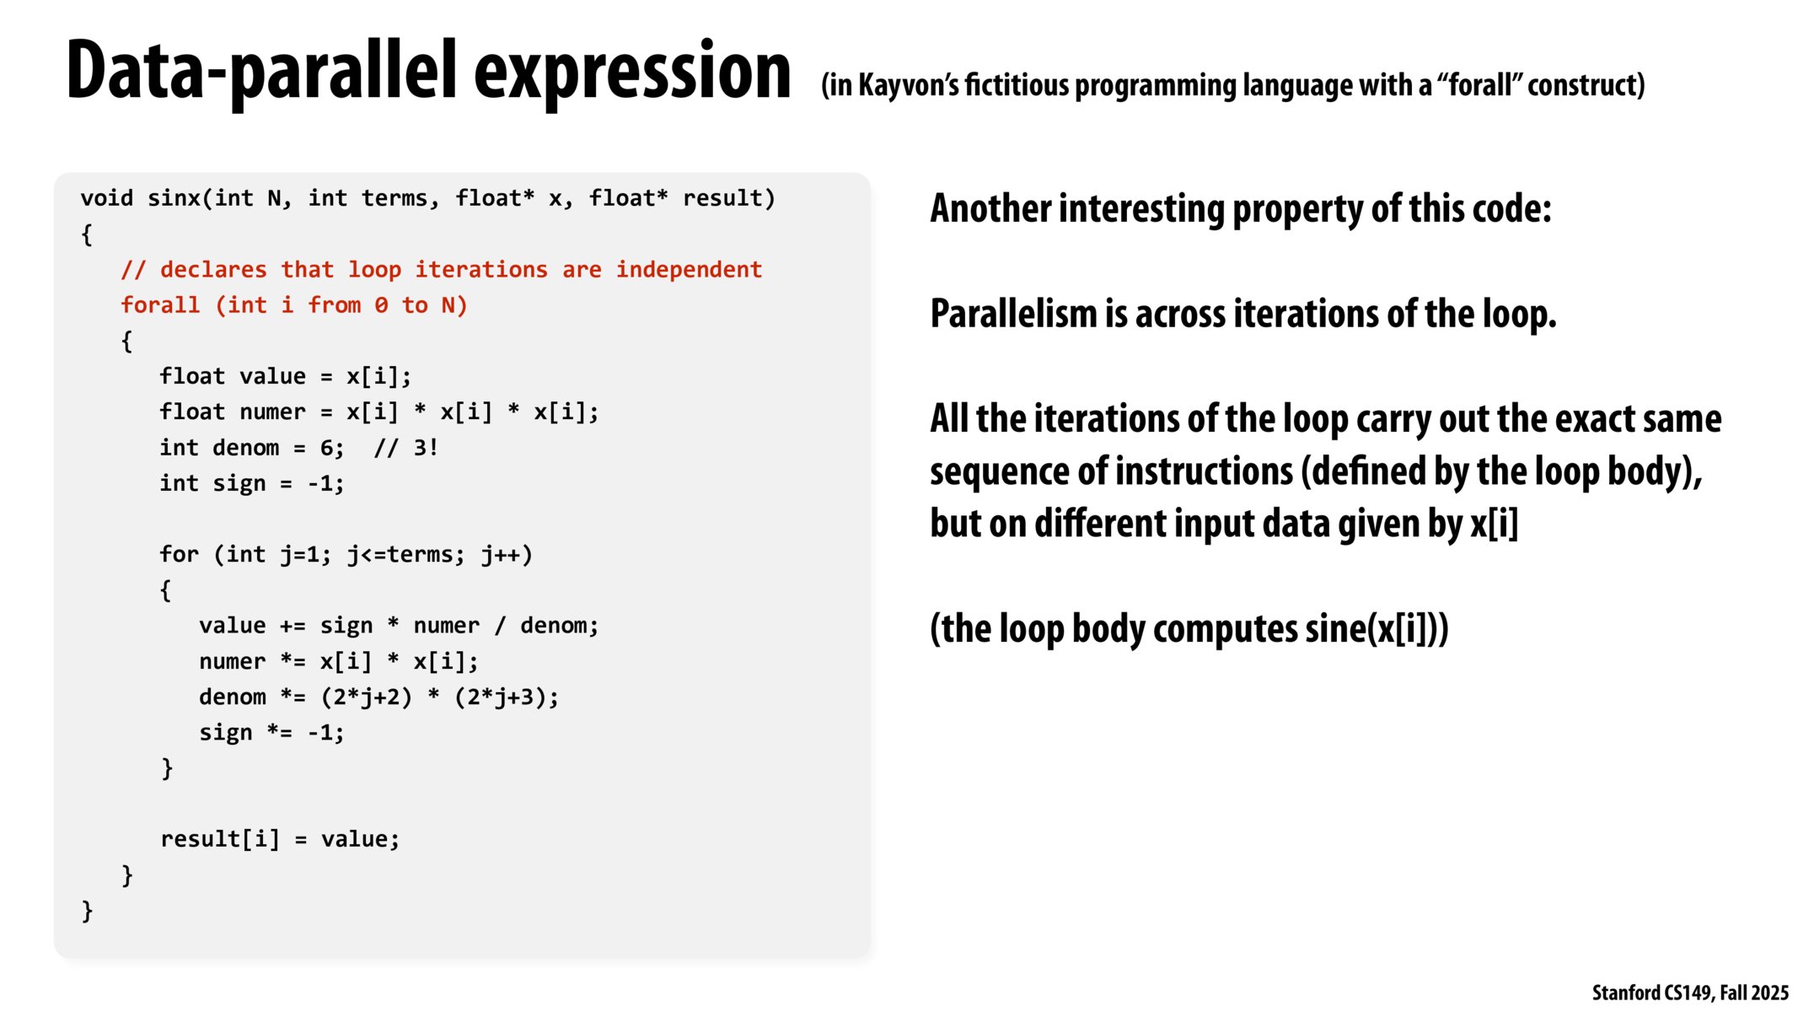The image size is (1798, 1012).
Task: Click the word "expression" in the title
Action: coord(632,72)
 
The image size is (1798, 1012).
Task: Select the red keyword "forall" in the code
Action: coord(160,305)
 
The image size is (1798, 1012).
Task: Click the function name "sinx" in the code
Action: coord(174,198)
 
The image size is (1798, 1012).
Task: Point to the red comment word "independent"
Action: coord(689,270)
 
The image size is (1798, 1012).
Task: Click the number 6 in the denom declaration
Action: coord(327,448)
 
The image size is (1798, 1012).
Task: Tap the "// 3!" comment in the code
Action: coord(405,448)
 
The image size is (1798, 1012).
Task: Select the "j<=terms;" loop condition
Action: coord(405,555)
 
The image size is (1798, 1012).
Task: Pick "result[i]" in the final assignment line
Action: coord(219,839)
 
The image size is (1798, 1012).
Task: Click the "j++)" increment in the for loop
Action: coord(507,555)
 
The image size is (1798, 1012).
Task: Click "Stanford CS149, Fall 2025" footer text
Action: coord(1689,993)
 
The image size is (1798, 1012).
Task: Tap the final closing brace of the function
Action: coord(87,911)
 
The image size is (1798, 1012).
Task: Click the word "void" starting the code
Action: coord(107,198)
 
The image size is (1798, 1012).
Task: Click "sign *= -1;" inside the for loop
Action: coord(271,733)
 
